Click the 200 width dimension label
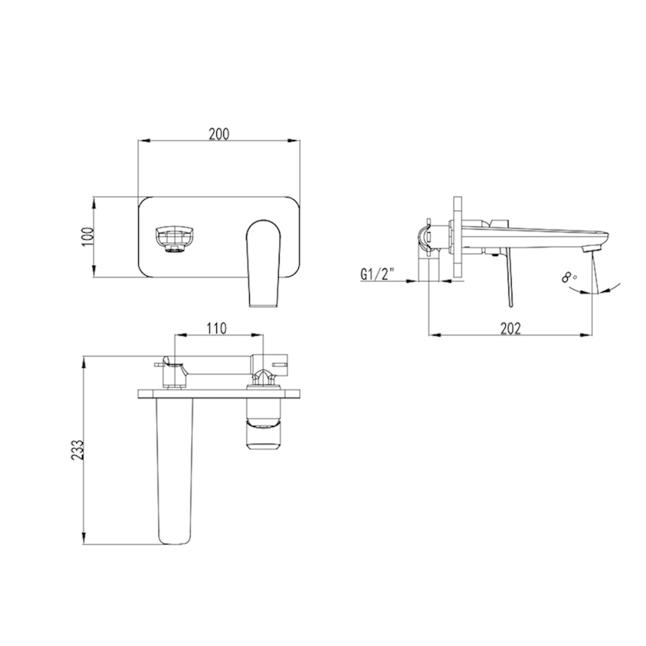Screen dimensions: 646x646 pos(219,133)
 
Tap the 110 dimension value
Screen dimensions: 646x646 pos(216,328)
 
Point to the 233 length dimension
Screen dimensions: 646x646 pos(77,450)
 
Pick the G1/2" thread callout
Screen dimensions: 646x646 pos(378,274)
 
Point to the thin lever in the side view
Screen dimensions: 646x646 pos(507,281)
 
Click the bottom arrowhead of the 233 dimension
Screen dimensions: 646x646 pos(84,541)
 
